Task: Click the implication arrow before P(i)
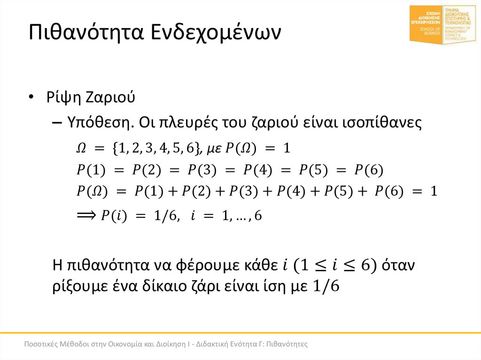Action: (x=86, y=215)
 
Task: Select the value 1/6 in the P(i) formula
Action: (x=165, y=216)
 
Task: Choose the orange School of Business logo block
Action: (x=426, y=24)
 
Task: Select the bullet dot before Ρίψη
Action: (x=31, y=97)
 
